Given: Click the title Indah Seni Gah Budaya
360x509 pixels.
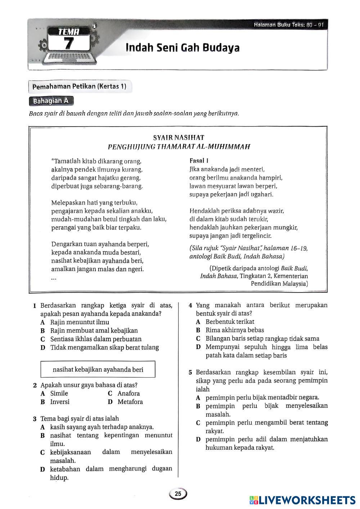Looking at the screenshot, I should click(183, 48).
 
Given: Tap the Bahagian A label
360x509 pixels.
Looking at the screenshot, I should click(51, 101).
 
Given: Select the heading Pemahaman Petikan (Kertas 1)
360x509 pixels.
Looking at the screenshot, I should click(80, 87).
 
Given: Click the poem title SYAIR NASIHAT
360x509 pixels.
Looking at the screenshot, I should click(179, 137).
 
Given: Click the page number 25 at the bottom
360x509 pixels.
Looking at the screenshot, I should click(178, 494).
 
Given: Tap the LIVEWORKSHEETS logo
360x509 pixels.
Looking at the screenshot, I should click(302, 500).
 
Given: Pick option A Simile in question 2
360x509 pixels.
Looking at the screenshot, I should click(55, 394).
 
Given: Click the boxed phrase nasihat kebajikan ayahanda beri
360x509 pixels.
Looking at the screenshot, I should click(98, 369).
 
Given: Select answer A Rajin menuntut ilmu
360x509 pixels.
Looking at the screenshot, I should click(75, 322).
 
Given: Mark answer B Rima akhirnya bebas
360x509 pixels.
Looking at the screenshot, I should click(230, 330).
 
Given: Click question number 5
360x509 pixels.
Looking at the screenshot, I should click(190, 373).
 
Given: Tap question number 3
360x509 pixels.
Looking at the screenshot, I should click(35, 419).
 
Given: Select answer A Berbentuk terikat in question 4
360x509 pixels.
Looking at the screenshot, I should click(225, 322).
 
